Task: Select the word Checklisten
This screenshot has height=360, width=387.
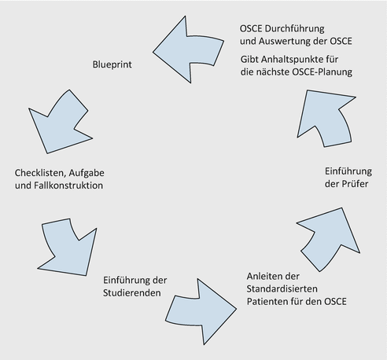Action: tap(40, 172)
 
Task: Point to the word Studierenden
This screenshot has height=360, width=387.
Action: tap(132, 293)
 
